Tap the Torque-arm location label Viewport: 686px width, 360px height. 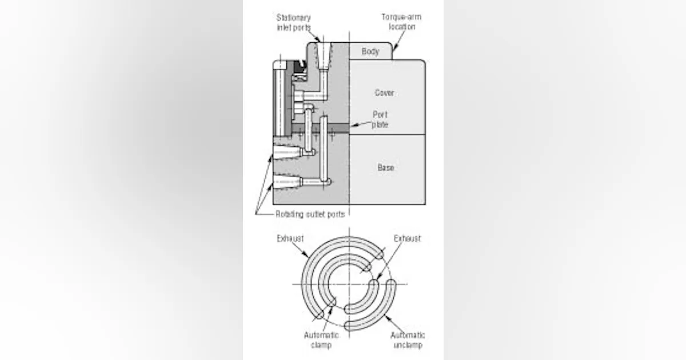(401, 21)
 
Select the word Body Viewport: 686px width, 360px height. (370, 51)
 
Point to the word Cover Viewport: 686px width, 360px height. (384, 93)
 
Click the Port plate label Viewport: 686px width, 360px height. (380, 119)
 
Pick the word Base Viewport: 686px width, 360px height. (385, 168)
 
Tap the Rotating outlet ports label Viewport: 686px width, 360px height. (310, 214)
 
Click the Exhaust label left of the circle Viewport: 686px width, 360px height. (290, 238)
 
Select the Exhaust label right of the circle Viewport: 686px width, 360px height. (407, 238)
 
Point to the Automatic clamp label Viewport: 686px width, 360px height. (321, 339)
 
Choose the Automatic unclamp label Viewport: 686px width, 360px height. (407, 339)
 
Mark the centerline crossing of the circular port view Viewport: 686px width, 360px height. (349, 284)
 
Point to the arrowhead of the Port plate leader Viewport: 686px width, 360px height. (351, 125)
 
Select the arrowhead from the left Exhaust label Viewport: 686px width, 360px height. (308, 256)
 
